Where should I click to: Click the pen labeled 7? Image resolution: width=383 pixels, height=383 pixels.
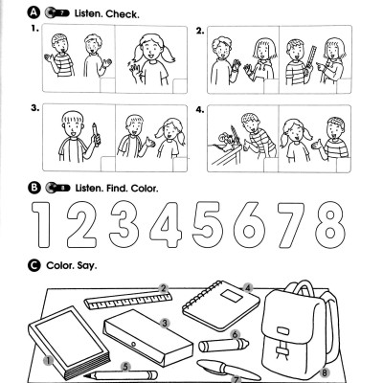[x=220, y=370]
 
